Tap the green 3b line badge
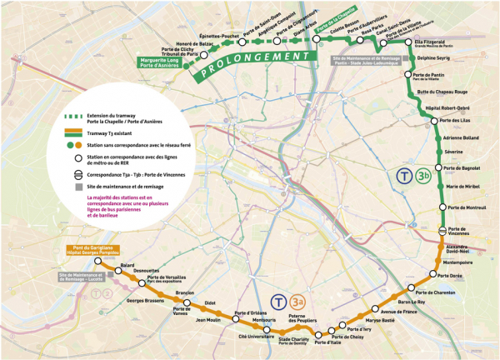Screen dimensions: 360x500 pos(424,176)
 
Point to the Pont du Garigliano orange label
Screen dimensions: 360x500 pos(89,251)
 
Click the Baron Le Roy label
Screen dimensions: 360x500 pos(411,302)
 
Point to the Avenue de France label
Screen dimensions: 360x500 pos(397,312)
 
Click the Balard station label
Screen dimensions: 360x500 pos(127,265)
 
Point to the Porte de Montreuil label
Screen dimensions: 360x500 pos(467,207)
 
